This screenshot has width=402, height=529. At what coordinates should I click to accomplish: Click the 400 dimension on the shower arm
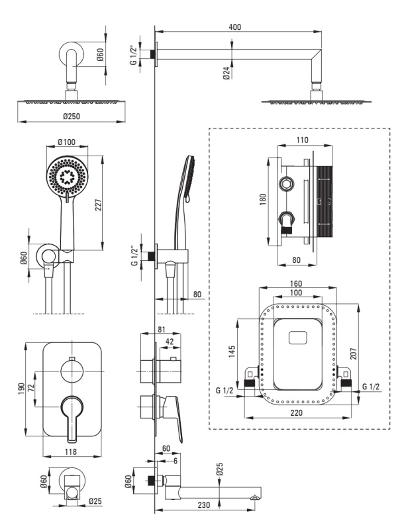[x=235, y=26]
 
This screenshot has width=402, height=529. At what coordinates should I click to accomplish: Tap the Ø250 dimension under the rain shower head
[x=72, y=116]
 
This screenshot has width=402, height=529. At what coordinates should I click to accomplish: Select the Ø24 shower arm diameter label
[x=226, y=73]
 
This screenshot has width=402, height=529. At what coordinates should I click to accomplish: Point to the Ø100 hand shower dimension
[x=66, y=142]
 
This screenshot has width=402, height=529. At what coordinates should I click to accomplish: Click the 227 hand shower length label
[x=98, y=205]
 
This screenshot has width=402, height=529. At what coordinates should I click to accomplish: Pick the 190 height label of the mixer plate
[x=21, y=389]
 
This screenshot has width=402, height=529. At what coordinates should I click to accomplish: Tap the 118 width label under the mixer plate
[x=71, y=452]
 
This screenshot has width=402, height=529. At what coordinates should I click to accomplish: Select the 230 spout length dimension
[x=203, y=505]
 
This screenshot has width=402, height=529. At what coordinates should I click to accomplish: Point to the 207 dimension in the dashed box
[x=353, y=354]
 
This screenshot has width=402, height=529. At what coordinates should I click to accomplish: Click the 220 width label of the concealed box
[x=296, y=412]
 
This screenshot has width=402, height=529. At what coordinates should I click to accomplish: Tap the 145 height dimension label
[x=232, y=352]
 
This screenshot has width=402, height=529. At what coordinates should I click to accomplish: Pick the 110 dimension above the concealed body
[x=302, y=140]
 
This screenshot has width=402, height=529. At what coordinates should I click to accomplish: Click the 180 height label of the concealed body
[x=263, y=199]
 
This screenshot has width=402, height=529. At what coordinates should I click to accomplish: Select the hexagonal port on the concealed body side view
[x=287, y=183]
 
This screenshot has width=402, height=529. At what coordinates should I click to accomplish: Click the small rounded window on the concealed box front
[x=298, y=338]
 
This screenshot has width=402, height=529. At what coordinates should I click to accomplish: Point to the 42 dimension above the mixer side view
[x=169, y=342]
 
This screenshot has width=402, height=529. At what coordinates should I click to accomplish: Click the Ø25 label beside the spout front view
[x=95, y=502]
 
